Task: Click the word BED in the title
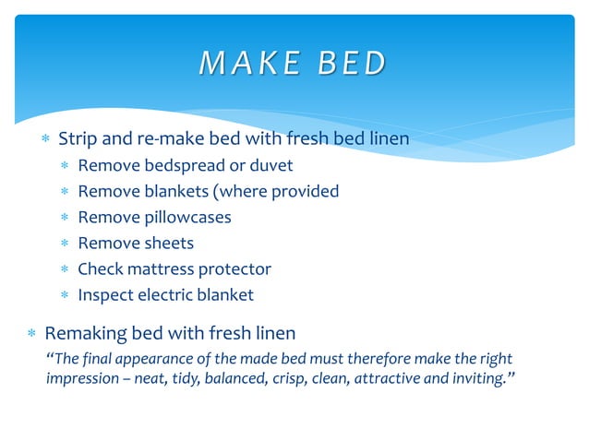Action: pos(351,63)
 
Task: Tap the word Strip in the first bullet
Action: pos(78,139)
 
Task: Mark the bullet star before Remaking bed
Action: pos(31,332)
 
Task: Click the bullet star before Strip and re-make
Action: pos(45,140)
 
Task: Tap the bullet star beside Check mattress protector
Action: pos(65,270)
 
